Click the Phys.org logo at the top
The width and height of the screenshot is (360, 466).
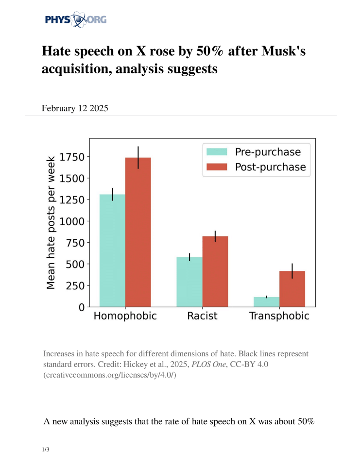(x=75, y=19)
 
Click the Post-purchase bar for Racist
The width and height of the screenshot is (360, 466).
(x=215, y=271)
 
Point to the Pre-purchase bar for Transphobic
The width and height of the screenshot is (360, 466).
(x=267, y=301)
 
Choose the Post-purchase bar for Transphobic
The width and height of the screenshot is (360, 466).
(x=292, y=288)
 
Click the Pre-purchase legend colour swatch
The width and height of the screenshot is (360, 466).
(x=217, y=152)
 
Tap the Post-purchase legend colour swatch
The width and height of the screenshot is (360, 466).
(x=217, y=167)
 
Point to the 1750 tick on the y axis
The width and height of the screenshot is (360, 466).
(x=72, y=157)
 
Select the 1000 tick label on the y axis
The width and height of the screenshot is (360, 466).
(x=72, y=221)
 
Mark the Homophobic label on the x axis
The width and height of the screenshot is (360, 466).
(x=125, y=316)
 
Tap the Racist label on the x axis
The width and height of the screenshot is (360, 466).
(x=202, y=316)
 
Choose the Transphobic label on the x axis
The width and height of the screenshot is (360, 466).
(x=279, y=316)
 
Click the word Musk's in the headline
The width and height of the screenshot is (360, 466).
(x=282, y=50)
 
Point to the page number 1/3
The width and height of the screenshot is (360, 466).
(x=46, y=450)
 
